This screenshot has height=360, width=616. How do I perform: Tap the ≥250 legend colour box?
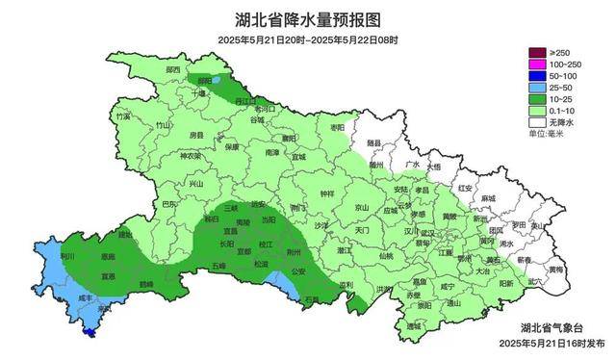pos(535,51)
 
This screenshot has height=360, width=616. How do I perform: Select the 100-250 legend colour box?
pos(535,64)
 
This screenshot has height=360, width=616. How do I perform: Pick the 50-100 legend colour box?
pos(535,75)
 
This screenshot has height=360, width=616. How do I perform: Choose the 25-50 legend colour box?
pos(535,88)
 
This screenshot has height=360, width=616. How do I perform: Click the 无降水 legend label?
pos(562,124)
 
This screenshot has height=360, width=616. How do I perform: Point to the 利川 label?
pos(67,257)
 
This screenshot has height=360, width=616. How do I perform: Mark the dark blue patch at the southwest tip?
pos(90,333)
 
